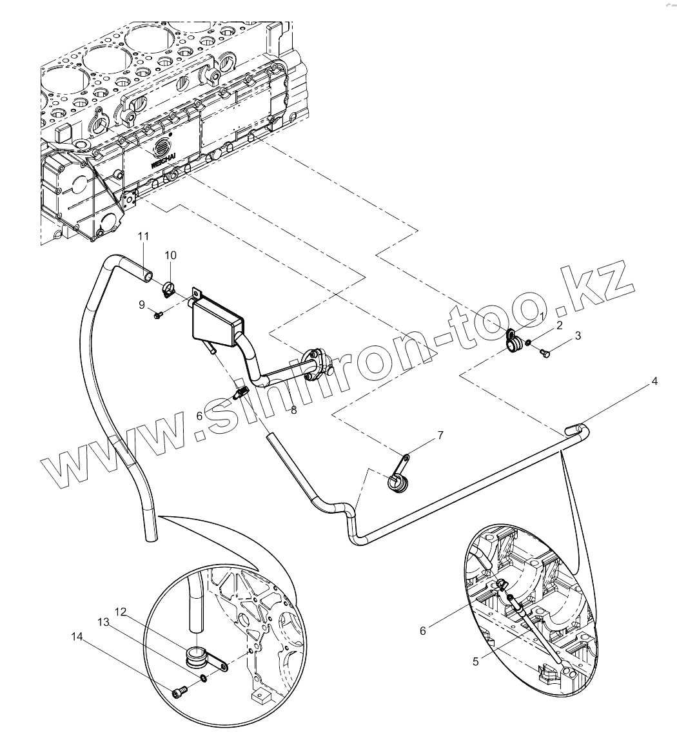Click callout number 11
click(143, 237)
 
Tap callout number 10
click(170, 255)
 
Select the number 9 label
click(142, 305)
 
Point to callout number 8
click(293, 409)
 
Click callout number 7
click(440, 436)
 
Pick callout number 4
click(654, 382)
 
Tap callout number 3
click(578, 336)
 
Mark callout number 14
click(77, 637)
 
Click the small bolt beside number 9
click(158, 315)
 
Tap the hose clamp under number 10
click(168, 289)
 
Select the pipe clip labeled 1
click(514, 342)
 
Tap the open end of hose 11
click(148, 276)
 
